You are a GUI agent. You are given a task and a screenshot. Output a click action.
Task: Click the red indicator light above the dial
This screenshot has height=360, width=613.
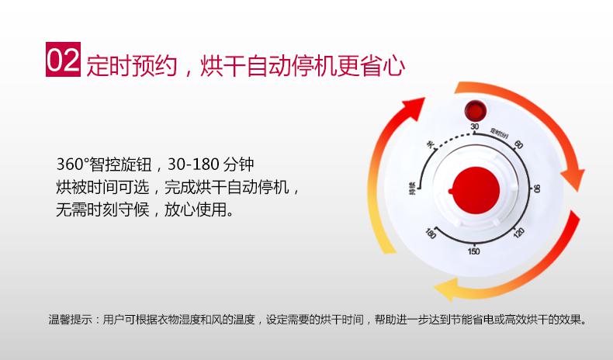tap(476, 111)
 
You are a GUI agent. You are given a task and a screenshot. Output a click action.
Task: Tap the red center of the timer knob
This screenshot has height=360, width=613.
tap(476, 190)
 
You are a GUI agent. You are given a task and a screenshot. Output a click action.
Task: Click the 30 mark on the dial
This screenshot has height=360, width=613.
tap(475, 126)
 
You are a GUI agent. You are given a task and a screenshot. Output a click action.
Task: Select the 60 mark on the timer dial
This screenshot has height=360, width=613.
tap(518, 144)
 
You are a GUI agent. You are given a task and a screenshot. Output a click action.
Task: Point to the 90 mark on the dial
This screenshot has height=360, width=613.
tap(537, 189)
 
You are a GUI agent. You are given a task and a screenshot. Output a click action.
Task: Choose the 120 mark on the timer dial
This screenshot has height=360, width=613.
tap(519, 233)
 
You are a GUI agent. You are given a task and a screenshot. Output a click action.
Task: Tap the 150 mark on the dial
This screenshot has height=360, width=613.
tap(473, 251)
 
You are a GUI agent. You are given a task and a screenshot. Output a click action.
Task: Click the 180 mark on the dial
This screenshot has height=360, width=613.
tap(430, 234)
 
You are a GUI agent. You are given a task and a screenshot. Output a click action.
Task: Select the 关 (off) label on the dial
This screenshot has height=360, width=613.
tap(431, 145)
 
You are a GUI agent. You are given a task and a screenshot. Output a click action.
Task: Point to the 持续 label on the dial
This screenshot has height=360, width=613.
tap(412, 188)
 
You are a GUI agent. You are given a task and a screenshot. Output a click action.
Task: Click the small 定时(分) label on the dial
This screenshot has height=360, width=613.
tap(500, 133)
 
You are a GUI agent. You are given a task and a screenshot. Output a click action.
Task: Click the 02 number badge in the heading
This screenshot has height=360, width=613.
tap(64, 60)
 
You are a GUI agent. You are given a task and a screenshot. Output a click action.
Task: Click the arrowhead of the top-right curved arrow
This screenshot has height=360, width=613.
tap(573, 179)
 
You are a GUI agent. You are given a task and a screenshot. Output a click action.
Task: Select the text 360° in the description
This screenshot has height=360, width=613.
tap(72, 164)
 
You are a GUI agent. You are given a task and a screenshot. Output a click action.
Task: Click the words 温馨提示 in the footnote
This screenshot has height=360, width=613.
tap(71, 320)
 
